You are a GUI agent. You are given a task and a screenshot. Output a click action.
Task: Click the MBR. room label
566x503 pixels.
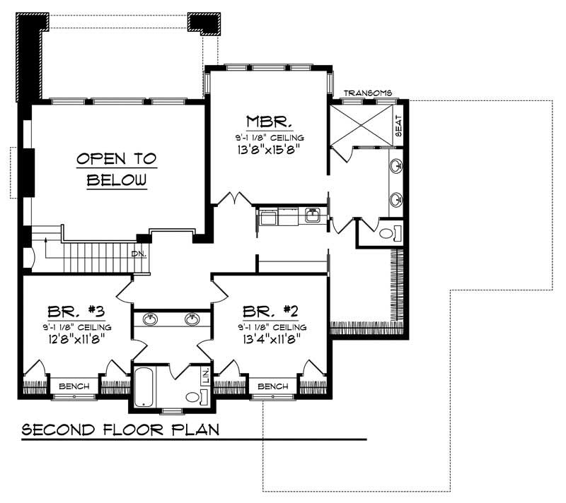point(265,121)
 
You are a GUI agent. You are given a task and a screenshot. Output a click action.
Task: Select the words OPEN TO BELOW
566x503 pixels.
point(117,169)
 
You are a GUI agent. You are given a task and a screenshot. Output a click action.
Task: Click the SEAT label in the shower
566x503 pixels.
point(398,125)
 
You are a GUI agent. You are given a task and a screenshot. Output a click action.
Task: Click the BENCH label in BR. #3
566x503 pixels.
point(74,386)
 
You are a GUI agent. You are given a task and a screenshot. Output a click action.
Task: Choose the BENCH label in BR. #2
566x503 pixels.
point(273,386)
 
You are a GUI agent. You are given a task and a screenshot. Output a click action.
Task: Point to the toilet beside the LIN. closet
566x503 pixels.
point(192,397)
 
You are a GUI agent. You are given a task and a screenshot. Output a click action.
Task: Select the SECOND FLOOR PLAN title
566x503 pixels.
point(120,429)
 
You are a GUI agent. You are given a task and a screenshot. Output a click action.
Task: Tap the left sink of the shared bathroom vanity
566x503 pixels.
point(150,319)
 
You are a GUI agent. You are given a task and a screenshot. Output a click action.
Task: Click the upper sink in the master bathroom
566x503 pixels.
point(396,167)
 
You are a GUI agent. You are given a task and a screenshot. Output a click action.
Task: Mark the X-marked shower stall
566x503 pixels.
point(361,125)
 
